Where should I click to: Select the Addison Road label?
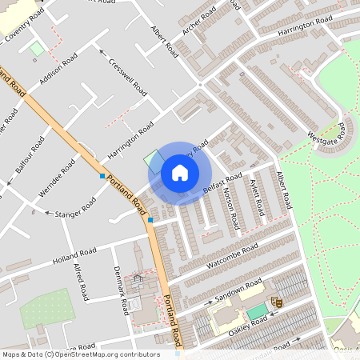coord(58,70)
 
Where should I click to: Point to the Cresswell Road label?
coord(126,74)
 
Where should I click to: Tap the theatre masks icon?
coord(278,302)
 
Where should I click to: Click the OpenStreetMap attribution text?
coord(80,353)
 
